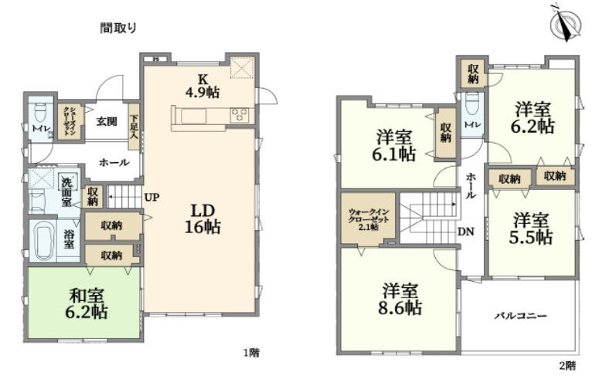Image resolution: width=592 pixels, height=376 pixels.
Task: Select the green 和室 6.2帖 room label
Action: click(x=87, y=303)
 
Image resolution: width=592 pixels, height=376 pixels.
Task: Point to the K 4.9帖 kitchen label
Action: click(x=202, y=85)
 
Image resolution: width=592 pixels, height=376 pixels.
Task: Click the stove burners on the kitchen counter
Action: click(x=240, y=116)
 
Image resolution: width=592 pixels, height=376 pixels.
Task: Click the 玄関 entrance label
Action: click(x=107, y=121)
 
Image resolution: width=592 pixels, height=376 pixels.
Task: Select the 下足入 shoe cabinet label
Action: click(x=134, y=124)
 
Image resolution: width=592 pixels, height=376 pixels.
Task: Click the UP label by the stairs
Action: click(x=151, y=197)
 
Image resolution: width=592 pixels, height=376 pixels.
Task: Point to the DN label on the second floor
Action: click(x=466, y=232)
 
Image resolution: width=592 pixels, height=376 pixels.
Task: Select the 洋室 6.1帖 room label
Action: click(x=396, y=145)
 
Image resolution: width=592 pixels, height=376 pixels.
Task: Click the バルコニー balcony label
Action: click(x=522, y=316)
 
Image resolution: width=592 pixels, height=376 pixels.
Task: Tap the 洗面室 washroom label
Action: click(x=67, y=192)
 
